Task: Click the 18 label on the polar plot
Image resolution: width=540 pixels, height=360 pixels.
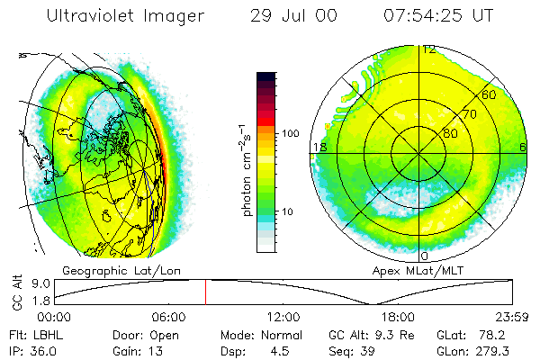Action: point(318,147)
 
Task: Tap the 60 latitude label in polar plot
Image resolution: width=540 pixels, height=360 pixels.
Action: point(490,94)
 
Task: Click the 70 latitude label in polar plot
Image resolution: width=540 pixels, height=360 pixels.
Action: point(469,114)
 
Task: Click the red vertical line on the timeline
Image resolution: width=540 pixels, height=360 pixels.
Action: point(205,292)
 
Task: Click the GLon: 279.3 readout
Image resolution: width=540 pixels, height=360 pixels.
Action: point(487,350)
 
